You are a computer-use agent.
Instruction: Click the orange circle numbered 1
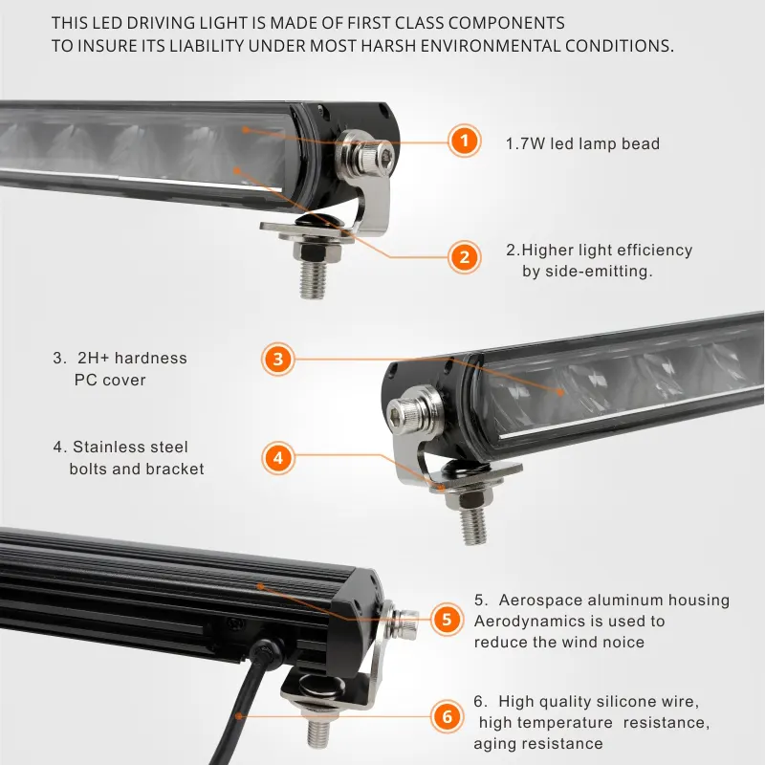[465, 141]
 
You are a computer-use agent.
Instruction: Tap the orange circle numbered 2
[465, 257]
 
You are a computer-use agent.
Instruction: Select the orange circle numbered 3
[278, 360]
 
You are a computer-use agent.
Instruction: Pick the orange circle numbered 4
[278, 458]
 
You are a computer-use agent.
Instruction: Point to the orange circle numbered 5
[447, 620]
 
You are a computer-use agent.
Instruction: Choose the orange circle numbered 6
[447, 716]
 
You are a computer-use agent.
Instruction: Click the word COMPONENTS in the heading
[506, 23]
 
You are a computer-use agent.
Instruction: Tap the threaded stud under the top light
[313, 280]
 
